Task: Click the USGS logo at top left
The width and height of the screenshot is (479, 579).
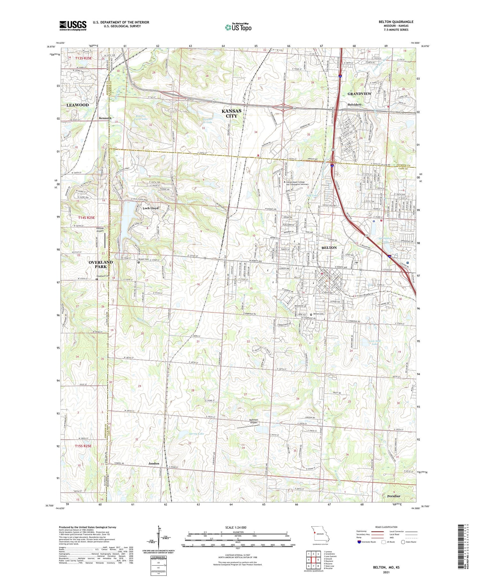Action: [73, 26]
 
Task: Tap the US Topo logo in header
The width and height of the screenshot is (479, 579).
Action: [238, 27]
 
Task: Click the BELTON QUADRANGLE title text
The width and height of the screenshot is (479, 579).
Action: [396, 22]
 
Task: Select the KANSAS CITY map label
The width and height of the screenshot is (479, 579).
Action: [232, 113]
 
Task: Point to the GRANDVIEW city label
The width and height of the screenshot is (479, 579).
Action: [359, 94]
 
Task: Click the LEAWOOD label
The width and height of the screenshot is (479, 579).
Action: [78, 105]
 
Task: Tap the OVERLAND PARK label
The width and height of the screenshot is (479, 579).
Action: [101, 264]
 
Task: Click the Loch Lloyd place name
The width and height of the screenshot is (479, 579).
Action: [150, 208]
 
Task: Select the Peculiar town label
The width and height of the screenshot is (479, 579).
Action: [393, 496]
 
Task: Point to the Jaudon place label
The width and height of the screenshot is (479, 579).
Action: [154, 463]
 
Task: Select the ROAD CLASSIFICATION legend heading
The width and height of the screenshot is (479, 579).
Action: [386, 527]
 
